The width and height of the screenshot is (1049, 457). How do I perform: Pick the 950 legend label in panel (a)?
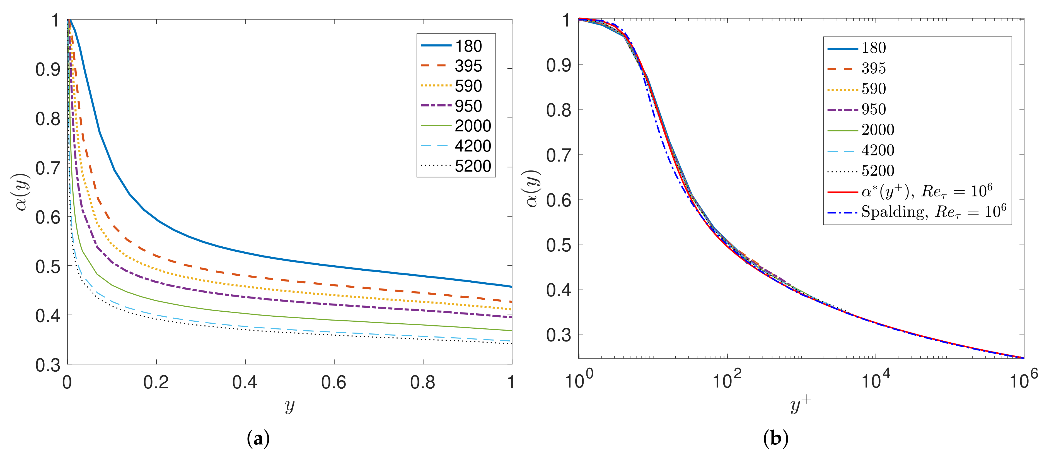[468, 106]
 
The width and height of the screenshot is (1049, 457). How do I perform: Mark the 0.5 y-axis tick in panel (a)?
[48, 266]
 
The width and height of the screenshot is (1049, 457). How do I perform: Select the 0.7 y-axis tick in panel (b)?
[559, 155]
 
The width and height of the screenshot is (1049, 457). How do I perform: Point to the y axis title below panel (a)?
[289, 405]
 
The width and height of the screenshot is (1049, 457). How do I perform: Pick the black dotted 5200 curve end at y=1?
[511, 344]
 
